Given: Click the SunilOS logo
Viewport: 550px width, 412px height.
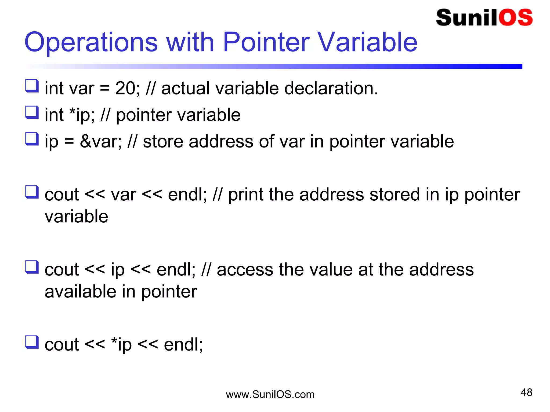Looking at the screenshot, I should click(x=484, y=18).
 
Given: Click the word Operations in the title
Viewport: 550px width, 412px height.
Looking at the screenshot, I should click(x=91, y=42).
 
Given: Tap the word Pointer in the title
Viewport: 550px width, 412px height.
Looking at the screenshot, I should click(x=266, y=42).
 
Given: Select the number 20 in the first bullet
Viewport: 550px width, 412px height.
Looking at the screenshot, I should click(x=125, y=88).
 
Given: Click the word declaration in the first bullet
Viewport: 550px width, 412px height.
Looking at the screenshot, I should click(x=331, y=88).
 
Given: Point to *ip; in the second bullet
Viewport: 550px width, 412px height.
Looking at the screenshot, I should click(x=82, y=115).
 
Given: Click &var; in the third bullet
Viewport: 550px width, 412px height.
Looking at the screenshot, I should click(x=101, y=141).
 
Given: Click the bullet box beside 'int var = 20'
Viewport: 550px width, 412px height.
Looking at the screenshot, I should click(x=32, y=86).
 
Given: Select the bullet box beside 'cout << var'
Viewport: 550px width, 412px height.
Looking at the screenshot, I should click(x=32, y=192).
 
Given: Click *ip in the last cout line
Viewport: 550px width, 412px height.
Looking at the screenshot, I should click(x=121, y=345).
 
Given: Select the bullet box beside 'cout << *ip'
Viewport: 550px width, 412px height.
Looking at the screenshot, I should click(x=32, y=342).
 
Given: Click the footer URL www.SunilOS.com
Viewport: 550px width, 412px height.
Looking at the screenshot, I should click(x=270, y=395).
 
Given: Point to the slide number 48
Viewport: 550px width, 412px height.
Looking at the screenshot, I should click(x=526, y=392).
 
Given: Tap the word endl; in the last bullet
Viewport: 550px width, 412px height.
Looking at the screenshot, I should click(x=183, y=344).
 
